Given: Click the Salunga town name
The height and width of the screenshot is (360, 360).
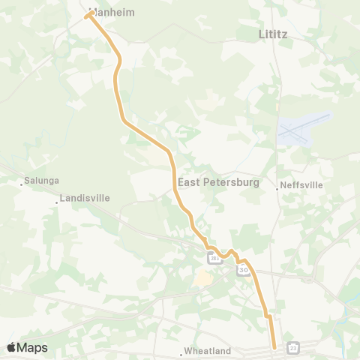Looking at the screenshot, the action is click(41, 180).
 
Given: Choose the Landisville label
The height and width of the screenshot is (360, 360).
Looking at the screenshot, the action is click(83, 198).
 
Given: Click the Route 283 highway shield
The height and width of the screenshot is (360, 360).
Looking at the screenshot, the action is click(214, 259).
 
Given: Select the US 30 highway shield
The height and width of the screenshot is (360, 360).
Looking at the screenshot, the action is click(242, 269).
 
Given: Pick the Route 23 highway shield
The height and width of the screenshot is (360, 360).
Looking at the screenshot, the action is click(292, 347).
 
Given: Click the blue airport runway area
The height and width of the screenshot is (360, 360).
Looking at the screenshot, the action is click(304, 130).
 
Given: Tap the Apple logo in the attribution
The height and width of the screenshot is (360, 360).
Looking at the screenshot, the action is click(12, 347).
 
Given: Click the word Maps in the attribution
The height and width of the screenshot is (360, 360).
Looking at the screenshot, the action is click(33, 347).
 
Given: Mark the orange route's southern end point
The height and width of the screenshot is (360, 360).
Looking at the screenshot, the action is click(274, 346).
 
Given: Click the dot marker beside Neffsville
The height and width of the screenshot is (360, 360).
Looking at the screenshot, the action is click(277, 189).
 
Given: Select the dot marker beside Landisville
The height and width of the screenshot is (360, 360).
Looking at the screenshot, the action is click(57, 202).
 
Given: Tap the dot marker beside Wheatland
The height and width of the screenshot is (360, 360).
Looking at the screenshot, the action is click(181, 352).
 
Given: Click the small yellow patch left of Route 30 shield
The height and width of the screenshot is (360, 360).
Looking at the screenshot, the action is click(202, 279).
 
